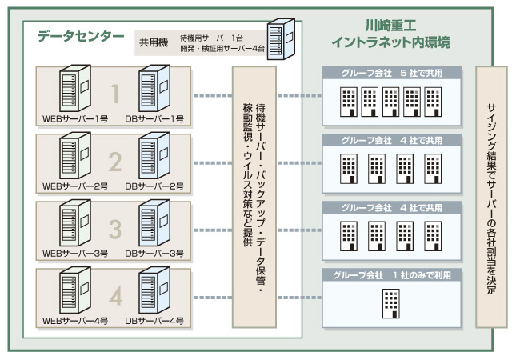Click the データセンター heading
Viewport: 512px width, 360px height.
point(81,36)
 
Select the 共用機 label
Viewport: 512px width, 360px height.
point(153,42)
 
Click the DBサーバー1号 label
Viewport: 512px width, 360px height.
point(155,119)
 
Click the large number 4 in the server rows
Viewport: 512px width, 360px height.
point(114,297)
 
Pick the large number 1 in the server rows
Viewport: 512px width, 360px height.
point(114,95)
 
